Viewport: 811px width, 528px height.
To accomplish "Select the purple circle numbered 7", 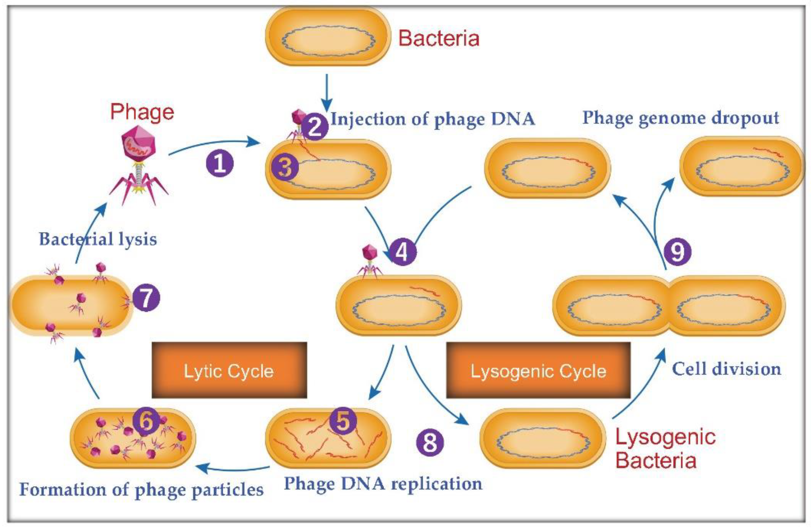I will coord(146,298).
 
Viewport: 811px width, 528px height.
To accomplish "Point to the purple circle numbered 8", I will coord(430,442).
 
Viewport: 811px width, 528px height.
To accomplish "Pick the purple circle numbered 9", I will coord(677,251).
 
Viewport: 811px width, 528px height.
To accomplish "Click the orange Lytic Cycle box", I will coord(229,370).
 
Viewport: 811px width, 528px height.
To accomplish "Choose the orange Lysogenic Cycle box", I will coord(538,370).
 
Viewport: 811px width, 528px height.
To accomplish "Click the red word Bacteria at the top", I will coord(439,38).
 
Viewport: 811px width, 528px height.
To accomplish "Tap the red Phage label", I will coord(142,112).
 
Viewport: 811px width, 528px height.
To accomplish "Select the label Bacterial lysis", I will coord(98,239).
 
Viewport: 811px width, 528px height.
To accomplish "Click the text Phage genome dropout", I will coord(680,118).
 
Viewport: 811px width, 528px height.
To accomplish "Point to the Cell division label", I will coord(726,369).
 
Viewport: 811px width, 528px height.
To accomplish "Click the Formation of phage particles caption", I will coord(142,490).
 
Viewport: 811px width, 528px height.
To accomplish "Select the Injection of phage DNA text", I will coord(433,119).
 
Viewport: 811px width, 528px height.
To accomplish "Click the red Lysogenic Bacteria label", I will coord(664,449).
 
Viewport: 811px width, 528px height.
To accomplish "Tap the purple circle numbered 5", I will coord(343,421).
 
